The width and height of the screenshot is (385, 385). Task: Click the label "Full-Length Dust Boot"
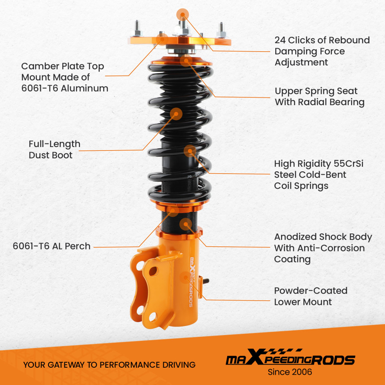point(54,149)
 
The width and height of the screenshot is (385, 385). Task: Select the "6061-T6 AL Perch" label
point(52,246)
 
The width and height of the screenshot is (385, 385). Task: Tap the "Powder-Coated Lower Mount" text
point(310,296)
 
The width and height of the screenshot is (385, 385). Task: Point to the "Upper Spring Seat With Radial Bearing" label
point(319,97)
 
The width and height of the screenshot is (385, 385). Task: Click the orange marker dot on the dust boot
point(176,113)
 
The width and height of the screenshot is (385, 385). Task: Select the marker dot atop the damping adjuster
point(182,15)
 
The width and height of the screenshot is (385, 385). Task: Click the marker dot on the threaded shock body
point(186,224)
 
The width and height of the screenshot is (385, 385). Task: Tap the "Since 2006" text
point(290,372)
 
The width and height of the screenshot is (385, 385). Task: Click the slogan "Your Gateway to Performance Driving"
point(109,365)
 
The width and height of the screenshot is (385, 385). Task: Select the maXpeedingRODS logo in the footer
point(290,360)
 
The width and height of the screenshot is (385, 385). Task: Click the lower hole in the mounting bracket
point(152,316)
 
